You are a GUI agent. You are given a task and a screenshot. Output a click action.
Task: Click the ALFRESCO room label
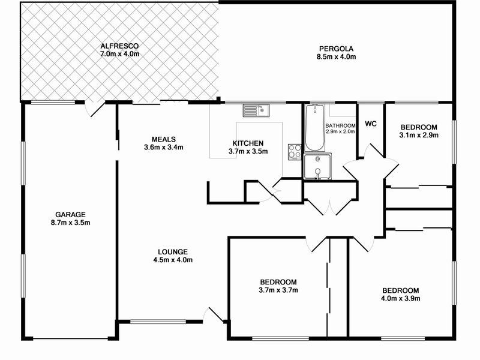pyautogui.click(x=120, y=46)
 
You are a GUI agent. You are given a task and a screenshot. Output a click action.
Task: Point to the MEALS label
pyautogui.click(x=164, y=139)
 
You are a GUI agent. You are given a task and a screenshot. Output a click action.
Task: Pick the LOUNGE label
pyautogui.click(x=173, y=251)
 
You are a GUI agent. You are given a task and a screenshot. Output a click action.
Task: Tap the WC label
pyautogui.click(x=371, y=124)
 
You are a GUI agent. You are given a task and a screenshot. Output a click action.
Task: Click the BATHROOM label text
pyautogui.click(x=341, y=125)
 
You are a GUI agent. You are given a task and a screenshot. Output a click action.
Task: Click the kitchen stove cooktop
pyautogui.click(x=295, y=151)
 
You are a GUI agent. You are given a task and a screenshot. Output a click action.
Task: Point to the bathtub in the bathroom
pyautogui.click(x=314, y=128)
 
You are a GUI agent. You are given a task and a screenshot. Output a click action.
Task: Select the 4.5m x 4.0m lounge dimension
pyautogui.click(x=173, y=260)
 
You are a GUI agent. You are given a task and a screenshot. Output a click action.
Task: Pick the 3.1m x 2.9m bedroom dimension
pyautogui.click(x=419, y=136)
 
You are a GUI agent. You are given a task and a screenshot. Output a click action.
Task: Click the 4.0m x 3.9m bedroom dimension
pyautogui.click(x=400, y=298)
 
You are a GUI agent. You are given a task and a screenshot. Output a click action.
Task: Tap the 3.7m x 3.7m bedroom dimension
pyautogui.click(x=278, y=290)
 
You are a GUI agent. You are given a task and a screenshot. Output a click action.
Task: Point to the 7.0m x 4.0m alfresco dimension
pyautogui.click(x=120, y=54)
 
